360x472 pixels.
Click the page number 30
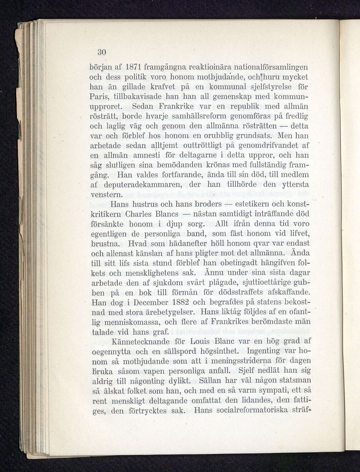coord(101,52)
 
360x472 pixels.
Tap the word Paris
coord(100,97)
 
